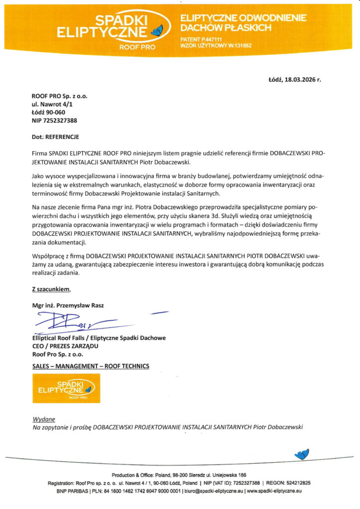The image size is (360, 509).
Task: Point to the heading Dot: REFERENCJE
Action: click(x=55, y=136)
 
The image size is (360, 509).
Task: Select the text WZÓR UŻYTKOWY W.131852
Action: click(x=216, y=45)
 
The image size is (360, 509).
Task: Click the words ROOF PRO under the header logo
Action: click(x=137, y=47)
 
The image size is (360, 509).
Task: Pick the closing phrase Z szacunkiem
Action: click(x=52, y=289)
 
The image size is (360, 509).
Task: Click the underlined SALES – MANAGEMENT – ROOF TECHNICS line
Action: click(x=90, y=366)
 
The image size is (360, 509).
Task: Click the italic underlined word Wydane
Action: click(x=44, y=419)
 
